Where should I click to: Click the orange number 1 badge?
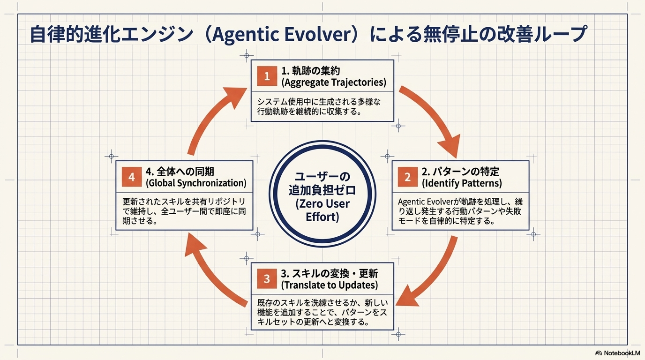tap(267, 76)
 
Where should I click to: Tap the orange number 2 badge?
tap(407, 177)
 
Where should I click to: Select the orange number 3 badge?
tap(267, 279)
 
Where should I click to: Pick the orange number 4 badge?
tap(131, 178)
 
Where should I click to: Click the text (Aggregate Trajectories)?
tap(334, 82)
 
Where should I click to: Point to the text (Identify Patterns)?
tap(462, 183)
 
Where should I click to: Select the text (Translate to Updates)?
tap(330, 285)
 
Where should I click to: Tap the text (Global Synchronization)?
tap(196, 183)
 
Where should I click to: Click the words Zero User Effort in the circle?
tap(322, 210)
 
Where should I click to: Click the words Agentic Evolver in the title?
tap(282, 35)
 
